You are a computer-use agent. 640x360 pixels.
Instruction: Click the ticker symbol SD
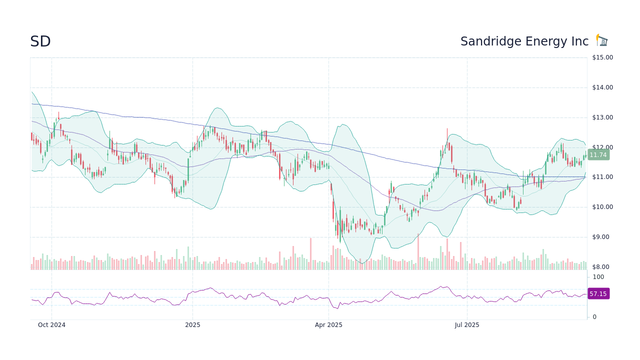40,42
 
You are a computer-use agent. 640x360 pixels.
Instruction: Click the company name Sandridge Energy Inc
524,41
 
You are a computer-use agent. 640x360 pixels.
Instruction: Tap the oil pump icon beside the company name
601,40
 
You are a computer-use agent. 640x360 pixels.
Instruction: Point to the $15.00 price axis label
602,57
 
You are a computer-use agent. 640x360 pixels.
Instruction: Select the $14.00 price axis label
602,87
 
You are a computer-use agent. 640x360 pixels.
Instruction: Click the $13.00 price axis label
602,117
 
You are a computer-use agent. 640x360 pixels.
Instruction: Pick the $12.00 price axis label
602,147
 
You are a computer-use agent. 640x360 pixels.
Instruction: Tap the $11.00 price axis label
602,177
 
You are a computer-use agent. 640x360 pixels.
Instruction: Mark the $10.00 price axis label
602,207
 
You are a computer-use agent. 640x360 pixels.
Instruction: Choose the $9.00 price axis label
603,237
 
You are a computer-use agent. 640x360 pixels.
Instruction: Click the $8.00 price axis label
603,267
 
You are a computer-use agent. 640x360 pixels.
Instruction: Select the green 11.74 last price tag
598,155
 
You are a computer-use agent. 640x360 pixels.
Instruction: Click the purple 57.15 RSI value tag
598,294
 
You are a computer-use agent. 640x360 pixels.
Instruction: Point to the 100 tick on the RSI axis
598,277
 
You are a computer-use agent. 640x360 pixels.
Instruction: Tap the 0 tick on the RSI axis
594,317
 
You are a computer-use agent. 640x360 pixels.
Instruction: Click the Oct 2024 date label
51,325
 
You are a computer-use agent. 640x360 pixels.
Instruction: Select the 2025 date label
192,325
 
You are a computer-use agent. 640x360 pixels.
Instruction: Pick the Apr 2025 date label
328,325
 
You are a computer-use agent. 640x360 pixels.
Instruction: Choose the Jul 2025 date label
467,325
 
